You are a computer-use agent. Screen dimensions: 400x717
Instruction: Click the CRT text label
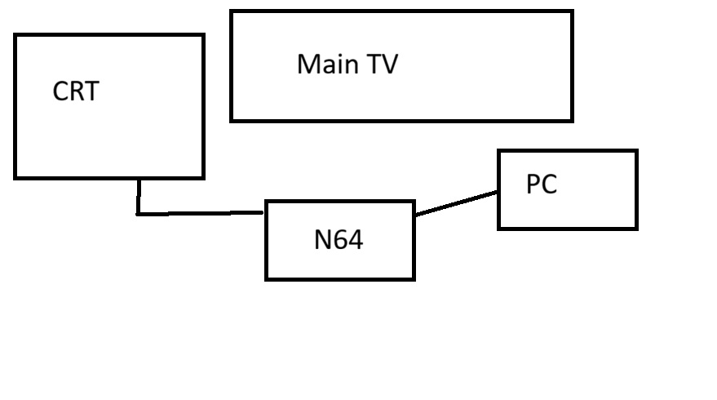click(76, 91)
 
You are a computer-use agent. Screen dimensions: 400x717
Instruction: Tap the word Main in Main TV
click(323, 64)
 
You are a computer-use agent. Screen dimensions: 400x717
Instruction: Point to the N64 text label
click(339, 240)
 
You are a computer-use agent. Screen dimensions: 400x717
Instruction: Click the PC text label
click(542, 185)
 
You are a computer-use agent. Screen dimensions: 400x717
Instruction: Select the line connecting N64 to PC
click(456, 204)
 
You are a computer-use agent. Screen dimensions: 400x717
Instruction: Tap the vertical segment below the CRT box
click(139, 196)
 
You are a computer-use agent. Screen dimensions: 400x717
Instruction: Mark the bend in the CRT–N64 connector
click(139, 214)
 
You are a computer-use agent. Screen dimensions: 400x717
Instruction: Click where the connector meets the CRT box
click(139, 179)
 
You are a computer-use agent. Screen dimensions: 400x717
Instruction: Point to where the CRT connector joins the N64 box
click(266, 212)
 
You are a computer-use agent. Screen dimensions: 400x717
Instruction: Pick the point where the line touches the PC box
click(498, 193)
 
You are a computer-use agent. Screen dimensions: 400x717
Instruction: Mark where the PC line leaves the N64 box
click(414, 216)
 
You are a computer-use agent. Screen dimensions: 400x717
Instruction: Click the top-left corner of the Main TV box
click(232, 11)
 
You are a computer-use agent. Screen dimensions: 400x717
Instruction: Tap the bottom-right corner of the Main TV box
click(572, 120)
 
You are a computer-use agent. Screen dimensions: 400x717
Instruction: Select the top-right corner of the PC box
click(635, 151)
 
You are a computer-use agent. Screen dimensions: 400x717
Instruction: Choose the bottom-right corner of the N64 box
click(414, 278)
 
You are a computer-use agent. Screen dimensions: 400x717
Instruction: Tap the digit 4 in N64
click(355, 240)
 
